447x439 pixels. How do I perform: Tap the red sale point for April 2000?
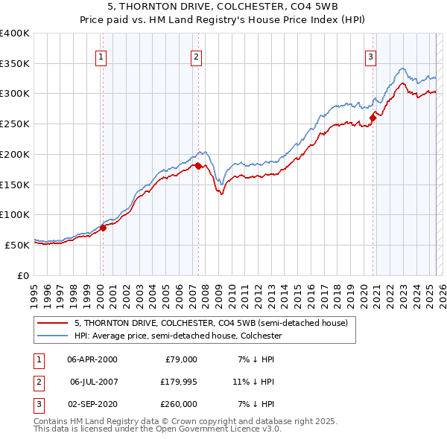point(104,228)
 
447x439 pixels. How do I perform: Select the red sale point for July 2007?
point(199,167)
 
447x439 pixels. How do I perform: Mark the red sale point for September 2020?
point(372,118)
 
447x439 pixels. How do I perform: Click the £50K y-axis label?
point(18,245)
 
